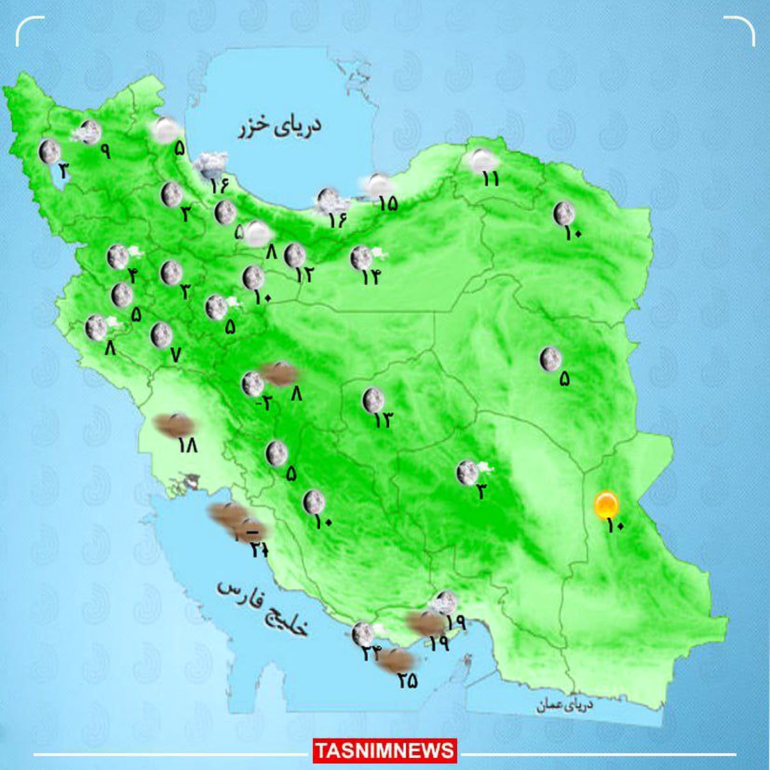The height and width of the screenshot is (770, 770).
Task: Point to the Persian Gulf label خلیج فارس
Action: tap(262, 607)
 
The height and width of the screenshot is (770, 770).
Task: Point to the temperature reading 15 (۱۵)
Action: tap(388, 203)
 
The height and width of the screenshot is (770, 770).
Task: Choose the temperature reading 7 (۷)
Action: tap(176, 354)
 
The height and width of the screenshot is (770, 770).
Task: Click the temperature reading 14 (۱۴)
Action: tap(370, 277)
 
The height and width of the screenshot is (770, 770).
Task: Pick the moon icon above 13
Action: tap(373, 400)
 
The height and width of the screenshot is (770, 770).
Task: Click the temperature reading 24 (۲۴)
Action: tap(371, 653)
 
